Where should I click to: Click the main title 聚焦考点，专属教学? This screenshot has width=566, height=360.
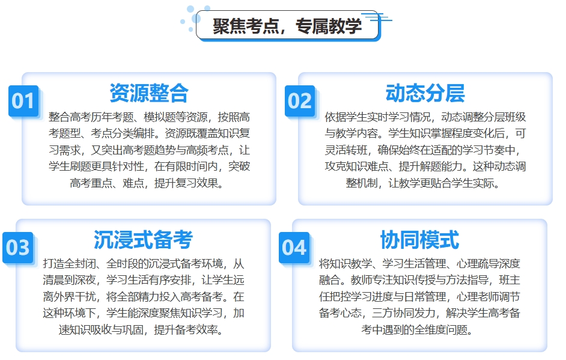[287, 26]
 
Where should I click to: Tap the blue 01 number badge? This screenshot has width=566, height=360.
[23, 100]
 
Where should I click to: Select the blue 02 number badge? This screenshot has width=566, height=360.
[300, 100]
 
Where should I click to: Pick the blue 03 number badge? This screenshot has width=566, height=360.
[17, 247]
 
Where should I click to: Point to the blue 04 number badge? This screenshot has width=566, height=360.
[294, 247]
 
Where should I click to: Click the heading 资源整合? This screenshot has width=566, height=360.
[149, 93]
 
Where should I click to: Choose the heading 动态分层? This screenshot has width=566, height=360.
[425, 93]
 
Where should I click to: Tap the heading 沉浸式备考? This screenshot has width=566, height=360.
[143, 240]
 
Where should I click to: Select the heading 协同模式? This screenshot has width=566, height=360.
[419, 240]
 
